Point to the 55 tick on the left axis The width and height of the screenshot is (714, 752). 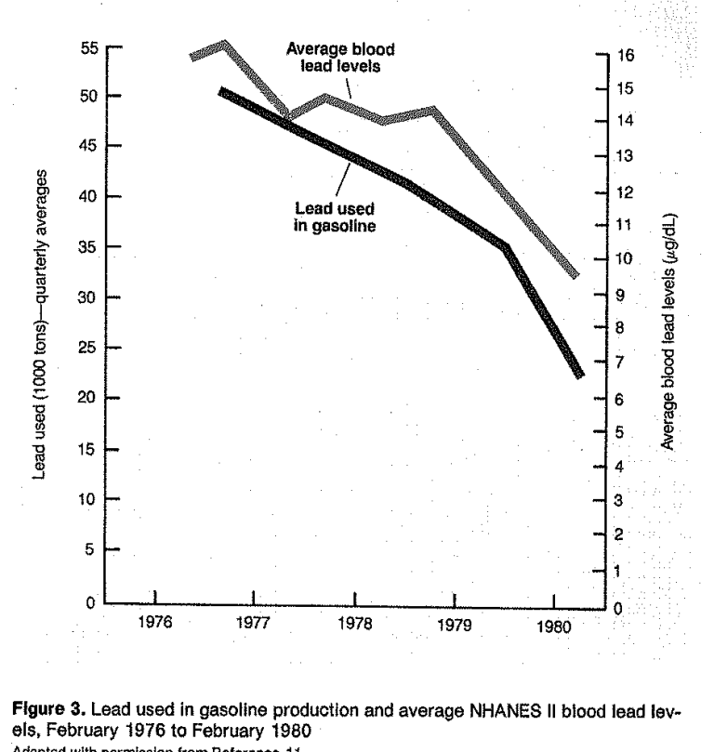click(91, 46)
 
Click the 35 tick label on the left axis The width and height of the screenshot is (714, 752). click(91, 247)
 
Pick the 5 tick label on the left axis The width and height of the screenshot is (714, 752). click(95, 549)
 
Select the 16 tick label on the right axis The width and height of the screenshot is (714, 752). click(625, 55)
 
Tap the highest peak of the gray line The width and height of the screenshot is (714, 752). click(224, 43)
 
